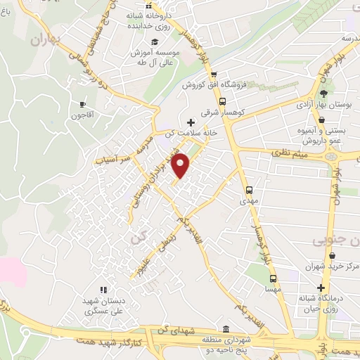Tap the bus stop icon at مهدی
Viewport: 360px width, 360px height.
pos(249,190)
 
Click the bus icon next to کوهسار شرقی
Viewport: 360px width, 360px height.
pos(223,100)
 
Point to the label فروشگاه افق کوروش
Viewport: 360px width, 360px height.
pos(212,85)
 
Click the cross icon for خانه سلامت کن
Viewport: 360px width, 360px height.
pos(190,122)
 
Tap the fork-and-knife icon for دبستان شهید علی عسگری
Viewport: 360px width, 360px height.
pos(103,288)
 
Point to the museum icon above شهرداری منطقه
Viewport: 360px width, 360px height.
pos(225,329)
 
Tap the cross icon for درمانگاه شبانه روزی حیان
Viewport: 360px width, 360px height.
pos(321,288)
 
